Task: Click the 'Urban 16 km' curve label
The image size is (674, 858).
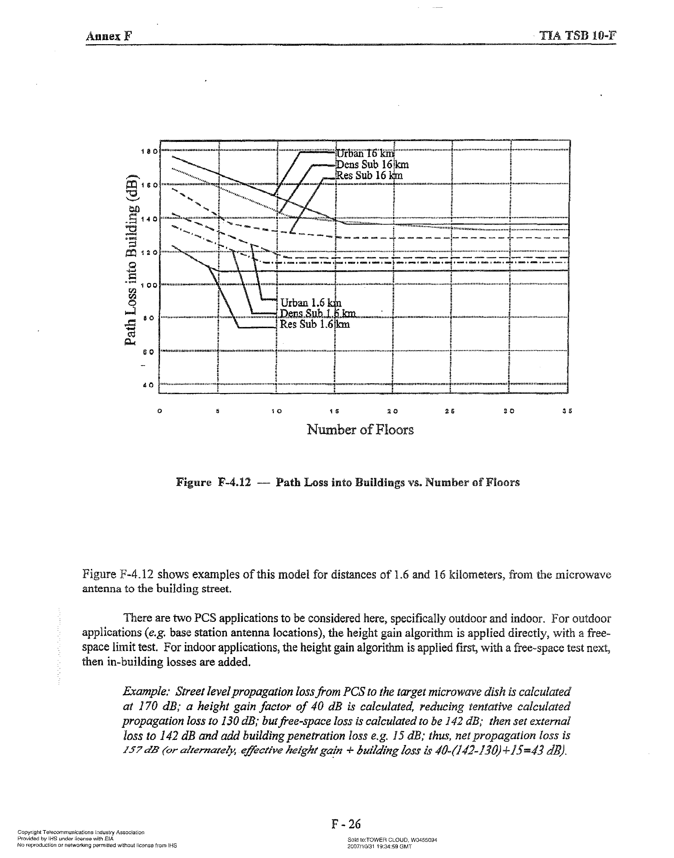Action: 365,153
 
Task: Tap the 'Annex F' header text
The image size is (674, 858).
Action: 109,37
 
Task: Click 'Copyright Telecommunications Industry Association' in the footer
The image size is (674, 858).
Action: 81,832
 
